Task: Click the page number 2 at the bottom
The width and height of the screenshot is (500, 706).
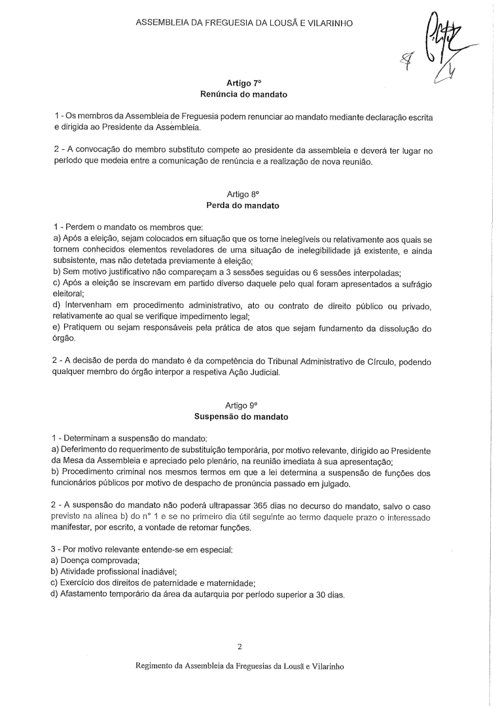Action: pos(240,647)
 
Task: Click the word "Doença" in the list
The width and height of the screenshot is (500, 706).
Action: pos(76,560)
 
